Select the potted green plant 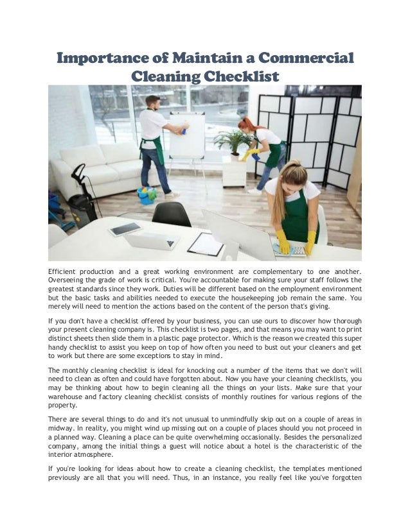tap(233, 141)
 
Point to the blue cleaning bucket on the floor tap(147, 194)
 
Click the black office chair tap(172, 214)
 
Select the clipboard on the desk tap(206, 244)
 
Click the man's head tap(152, 102)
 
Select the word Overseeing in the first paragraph tap(69, 282)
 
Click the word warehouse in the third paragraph tap(70, 397)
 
